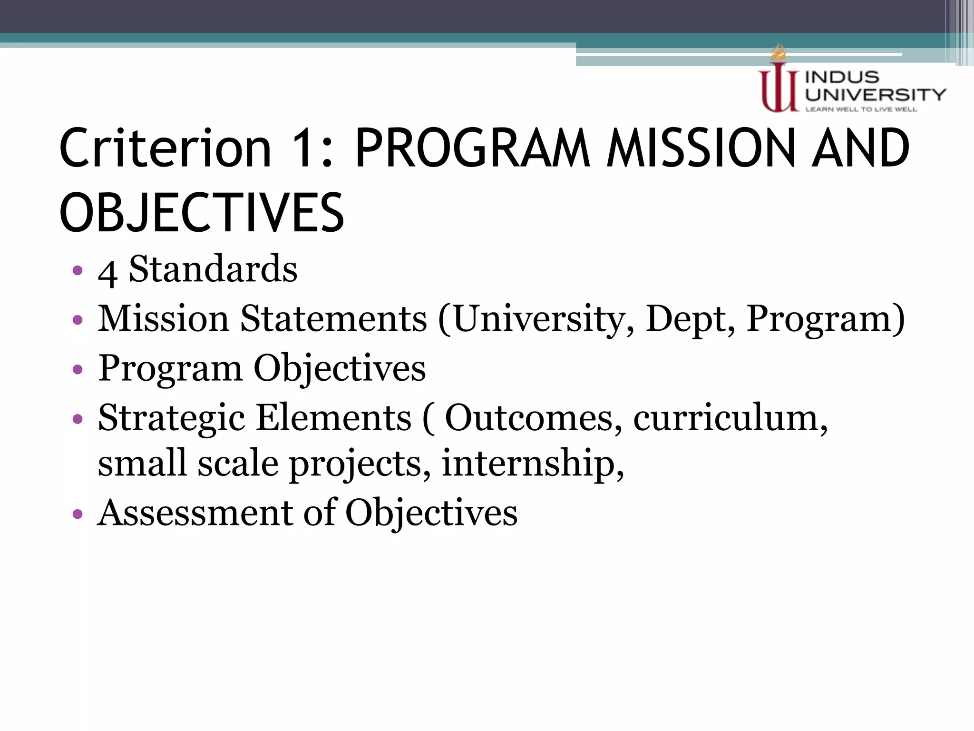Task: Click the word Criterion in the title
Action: point(165,148)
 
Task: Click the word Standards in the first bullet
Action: point(213,269)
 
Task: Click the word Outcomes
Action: point(533,418)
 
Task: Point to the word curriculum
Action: point(730,418)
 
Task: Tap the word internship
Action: point(533,464)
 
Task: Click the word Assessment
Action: point(195,513)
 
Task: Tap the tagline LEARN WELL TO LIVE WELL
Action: point(861,109)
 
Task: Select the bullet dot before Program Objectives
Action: point(78,369)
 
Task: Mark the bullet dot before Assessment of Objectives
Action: point(78,514)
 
